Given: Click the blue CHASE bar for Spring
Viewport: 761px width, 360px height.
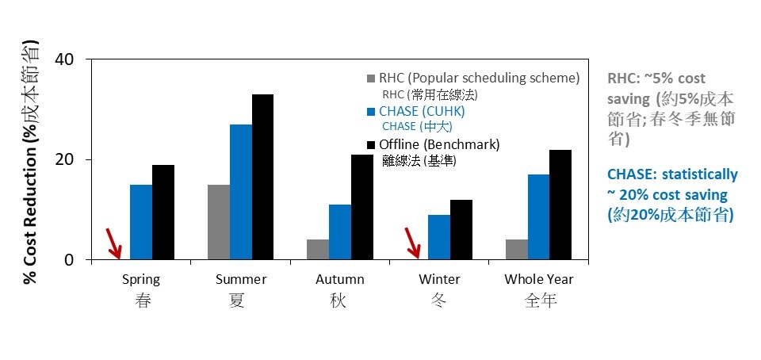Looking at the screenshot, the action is pyautogui.click(x=141, y=222).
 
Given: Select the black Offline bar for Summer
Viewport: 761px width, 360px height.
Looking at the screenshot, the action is pyautogui.click(x=262, y=177).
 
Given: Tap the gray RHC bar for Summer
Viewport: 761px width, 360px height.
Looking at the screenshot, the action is pyautogui.click(x=219, y=222).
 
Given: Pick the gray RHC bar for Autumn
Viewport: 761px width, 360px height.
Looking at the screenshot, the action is pyautogui.click(x=318, y=250).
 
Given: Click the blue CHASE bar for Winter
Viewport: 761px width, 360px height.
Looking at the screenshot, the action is pyautogui.click(x=438, y=237).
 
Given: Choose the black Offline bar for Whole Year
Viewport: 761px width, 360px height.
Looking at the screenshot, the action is pyautogui.click(x=560, y=205).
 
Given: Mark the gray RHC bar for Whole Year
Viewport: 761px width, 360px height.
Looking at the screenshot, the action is pyautogui.click(x=517, y=250).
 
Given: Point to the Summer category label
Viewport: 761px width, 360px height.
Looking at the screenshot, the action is pyautogui.click(x=241, y=279).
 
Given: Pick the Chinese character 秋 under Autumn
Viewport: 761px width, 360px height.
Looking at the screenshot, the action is pyautogui.click(x=338, y=301).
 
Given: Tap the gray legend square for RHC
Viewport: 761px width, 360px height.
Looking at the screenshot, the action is pyautogui.click(x=371, y=79).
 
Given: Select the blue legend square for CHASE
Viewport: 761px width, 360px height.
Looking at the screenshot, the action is pyautogui.click(x=371, y=112).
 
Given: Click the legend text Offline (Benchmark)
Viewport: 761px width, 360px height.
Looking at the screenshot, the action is pyautogui.click(x=439, y=144).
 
